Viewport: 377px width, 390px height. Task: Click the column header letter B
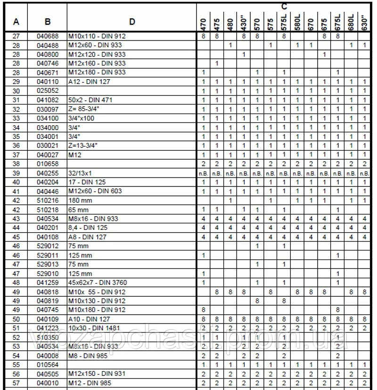pos(48,21)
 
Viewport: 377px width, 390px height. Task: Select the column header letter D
pos(132,21)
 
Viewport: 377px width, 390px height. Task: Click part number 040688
pos(47,36)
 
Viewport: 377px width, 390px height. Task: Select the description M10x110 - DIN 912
pos(97,36)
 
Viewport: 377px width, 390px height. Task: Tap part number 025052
pos(47,91)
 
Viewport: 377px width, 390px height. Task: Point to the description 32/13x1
pos(81,173)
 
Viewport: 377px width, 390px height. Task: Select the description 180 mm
pos(80,200)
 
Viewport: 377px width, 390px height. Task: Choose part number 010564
pos(47,365)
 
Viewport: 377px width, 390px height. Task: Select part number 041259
pos(47,282)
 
